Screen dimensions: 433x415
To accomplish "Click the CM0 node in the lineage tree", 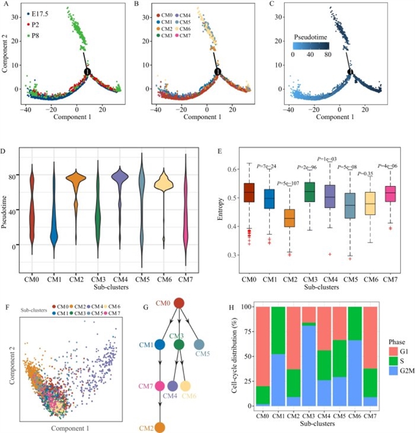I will (180, 303).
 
